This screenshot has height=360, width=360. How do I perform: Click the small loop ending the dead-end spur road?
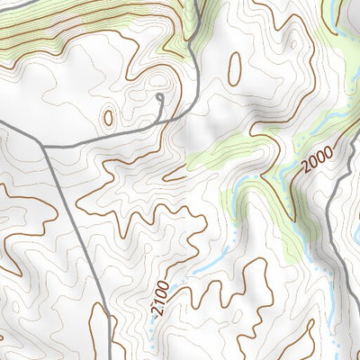point(159,96)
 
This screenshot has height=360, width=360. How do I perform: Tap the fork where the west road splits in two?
point(42,145)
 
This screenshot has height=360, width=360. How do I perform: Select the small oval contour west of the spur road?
point(110,117)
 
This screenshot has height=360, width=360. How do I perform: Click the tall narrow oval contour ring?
point(235,68)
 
